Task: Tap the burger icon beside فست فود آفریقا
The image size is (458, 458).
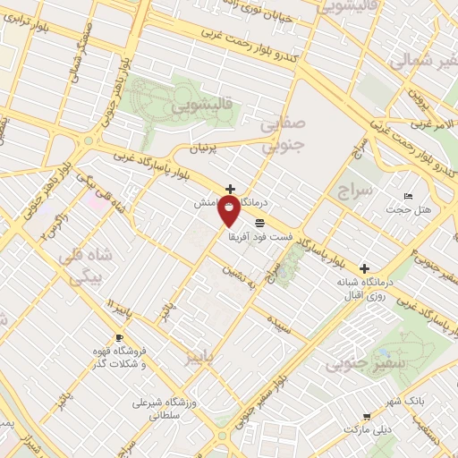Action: coord(259,222)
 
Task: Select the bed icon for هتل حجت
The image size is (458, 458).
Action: coord(408,196)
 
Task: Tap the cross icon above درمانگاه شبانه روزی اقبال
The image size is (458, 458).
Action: coord(364,267)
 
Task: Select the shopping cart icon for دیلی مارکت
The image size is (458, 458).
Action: coord(366,416)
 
